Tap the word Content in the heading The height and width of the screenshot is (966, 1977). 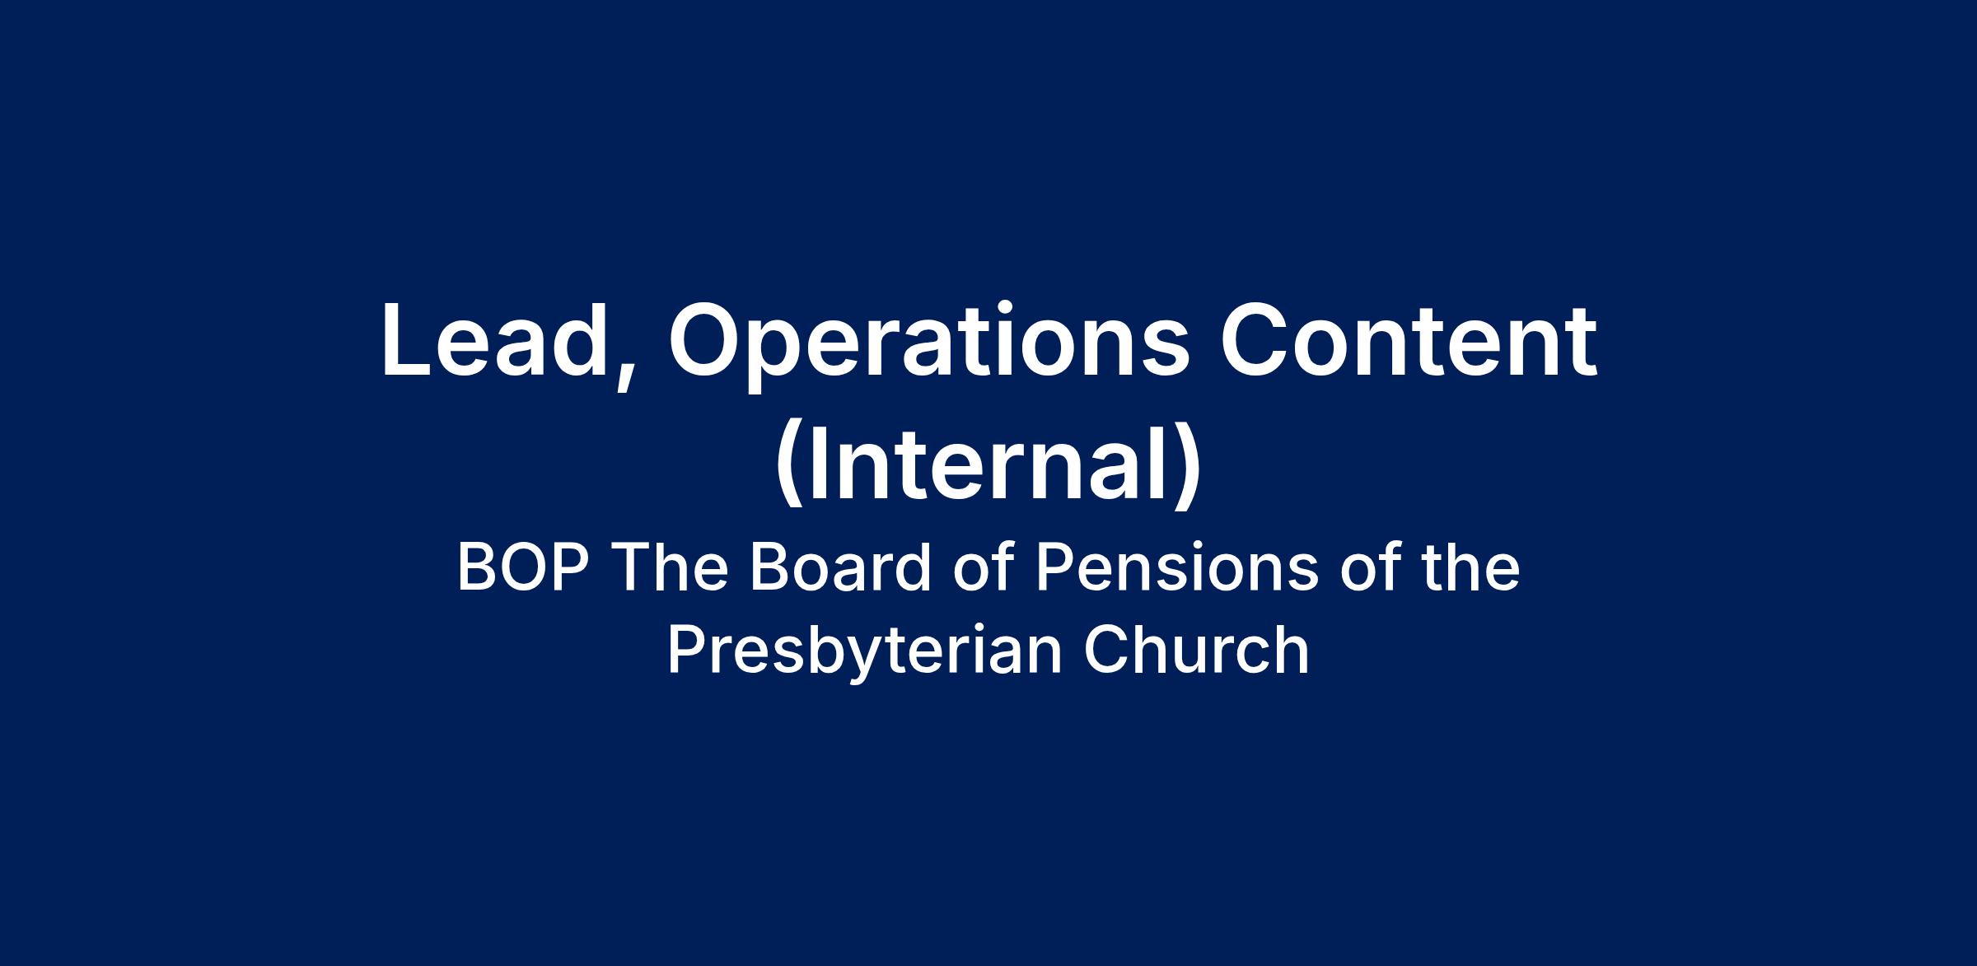(x=1408, y=339)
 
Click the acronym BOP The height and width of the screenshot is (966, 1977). (x=526, y=568)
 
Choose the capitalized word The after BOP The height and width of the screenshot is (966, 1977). (x=669, y=568)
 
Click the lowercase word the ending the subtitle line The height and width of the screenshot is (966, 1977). (x=1468, y=568)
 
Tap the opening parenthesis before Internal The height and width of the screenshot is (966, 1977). (x=790, y=465)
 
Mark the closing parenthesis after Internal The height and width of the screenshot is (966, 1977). (x=1187, y=465)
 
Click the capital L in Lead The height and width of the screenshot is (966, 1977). (x=409, y=341)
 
